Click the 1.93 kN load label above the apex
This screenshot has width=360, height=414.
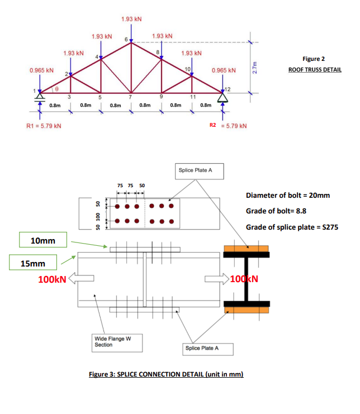[131, 20]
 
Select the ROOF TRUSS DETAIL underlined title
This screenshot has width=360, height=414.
[315, 70]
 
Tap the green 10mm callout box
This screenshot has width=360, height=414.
[42, 241]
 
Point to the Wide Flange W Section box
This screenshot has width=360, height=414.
[111, 341]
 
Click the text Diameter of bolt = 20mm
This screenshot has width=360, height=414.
[288, 196]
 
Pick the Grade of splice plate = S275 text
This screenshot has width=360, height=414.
[292, 227]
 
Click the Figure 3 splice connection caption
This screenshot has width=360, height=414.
[166, 374]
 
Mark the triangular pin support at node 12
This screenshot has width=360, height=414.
[223, 98]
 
